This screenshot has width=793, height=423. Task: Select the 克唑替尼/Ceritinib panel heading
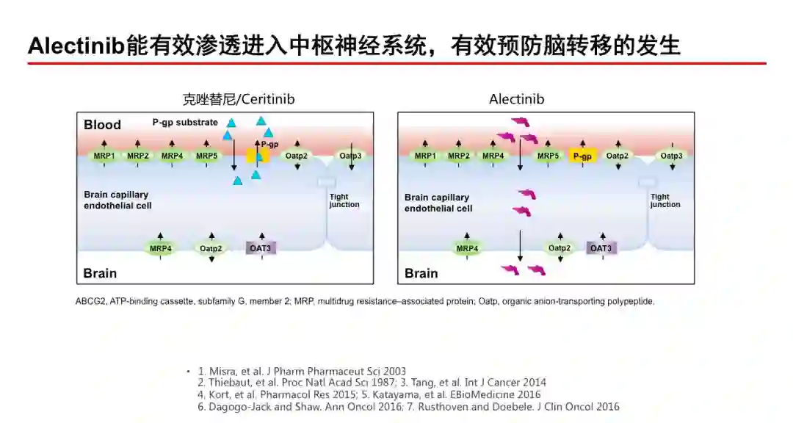click(239, 98)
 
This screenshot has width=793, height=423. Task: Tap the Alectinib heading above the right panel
click(517, 98)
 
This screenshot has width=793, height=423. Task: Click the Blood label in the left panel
click(102, 125)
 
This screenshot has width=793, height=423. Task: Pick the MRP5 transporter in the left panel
click(206, 156)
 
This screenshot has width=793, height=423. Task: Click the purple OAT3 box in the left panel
click(261, 248)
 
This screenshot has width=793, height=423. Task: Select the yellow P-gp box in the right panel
click(582, 156)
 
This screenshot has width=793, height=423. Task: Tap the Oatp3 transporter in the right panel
click(671, 156)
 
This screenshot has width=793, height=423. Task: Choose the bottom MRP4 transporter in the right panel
click(467, 248)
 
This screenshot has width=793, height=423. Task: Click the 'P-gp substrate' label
click(185, 122)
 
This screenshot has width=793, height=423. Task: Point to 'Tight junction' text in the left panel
click(344, 200)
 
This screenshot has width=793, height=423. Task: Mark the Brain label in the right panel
click(421, 273)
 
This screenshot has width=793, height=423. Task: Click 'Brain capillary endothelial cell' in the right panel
click(438, 203)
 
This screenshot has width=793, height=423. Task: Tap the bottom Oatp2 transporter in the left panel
click(211, 248)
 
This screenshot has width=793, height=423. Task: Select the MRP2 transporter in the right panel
click(459, 156)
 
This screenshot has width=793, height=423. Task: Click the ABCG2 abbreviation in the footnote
click(90, 301)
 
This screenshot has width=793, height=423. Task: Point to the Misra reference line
click(302, 371)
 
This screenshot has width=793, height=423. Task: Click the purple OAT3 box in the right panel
click(601, 248)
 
